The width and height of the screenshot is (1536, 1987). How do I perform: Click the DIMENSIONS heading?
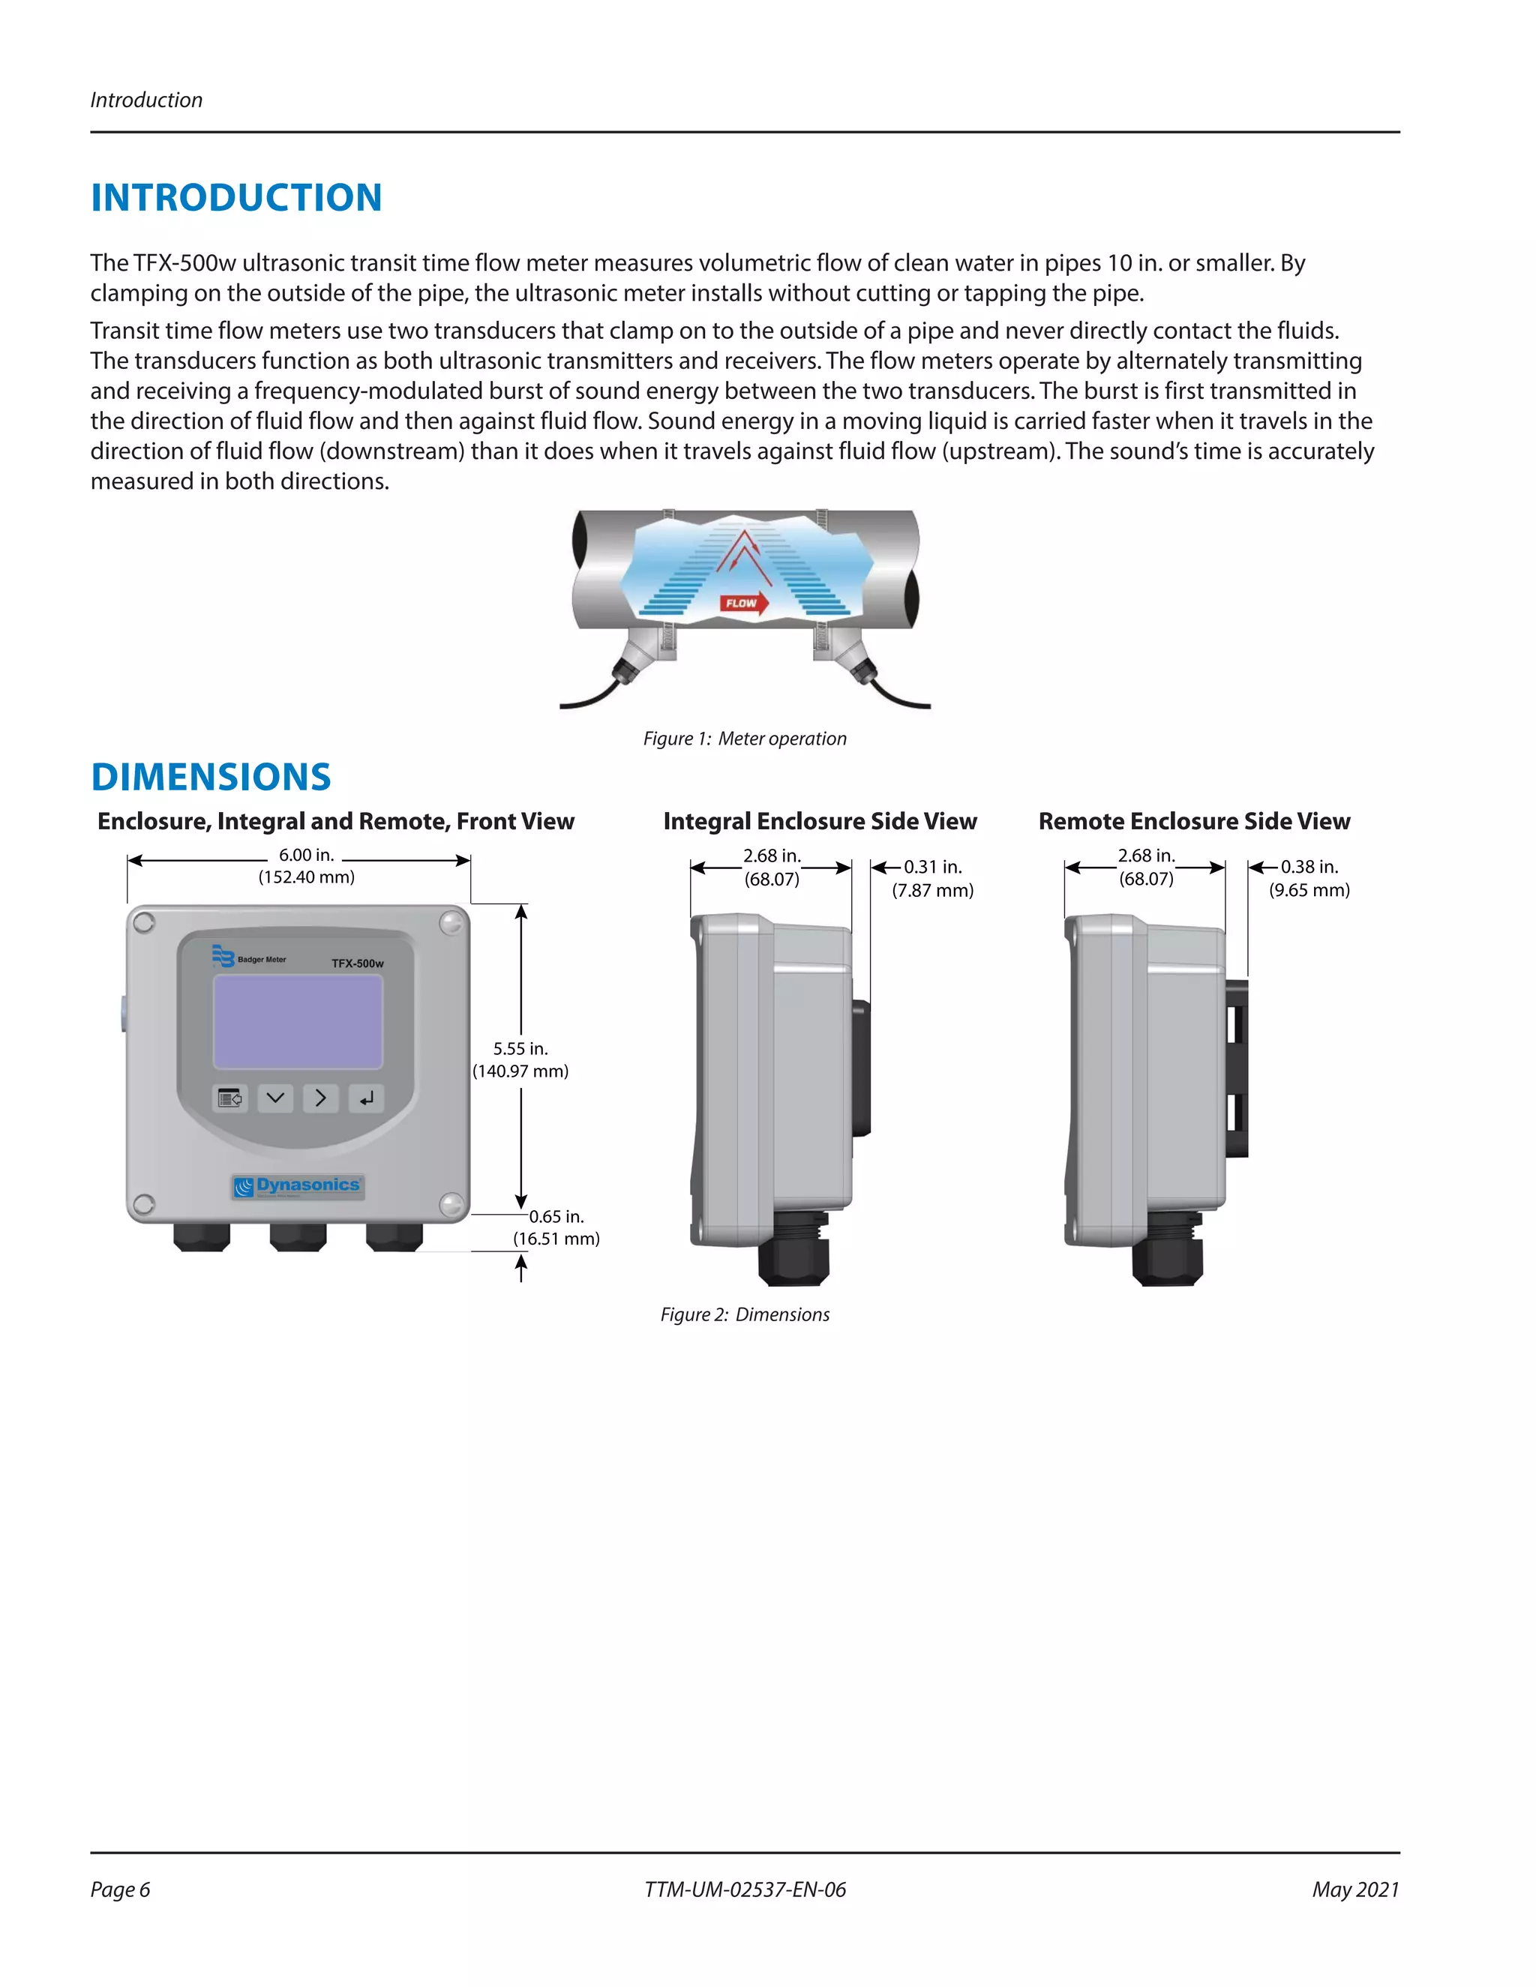pos(211,777)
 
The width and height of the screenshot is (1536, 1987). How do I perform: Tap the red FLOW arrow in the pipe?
pos(743,603)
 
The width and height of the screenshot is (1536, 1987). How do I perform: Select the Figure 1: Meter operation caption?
pos(744,739)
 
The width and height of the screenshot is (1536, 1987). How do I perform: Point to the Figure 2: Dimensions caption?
pos(744,1314)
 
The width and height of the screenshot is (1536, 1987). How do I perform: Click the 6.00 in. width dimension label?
pos(307,856)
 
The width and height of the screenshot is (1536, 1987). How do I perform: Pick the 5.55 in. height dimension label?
pos(520,1049)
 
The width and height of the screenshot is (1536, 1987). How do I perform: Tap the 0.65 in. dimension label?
pos(556,1217)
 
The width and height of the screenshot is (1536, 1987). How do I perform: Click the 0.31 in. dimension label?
pos(933,867)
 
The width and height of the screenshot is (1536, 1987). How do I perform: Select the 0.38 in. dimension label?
pos(1309,867)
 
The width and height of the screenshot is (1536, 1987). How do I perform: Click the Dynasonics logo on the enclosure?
pos(298,1185)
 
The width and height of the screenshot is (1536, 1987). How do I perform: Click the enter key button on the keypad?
pos(366,1099)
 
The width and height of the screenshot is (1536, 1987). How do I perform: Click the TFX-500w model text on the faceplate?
pos(358,964)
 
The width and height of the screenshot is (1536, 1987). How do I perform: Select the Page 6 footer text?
pos(120,1890)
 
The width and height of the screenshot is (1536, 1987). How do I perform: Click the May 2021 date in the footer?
pos(1355,1890)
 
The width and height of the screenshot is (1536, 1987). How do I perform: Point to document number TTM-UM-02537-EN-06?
pos(744,1890)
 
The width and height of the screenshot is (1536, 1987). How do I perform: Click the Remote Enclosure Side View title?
pos(1194,822)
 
